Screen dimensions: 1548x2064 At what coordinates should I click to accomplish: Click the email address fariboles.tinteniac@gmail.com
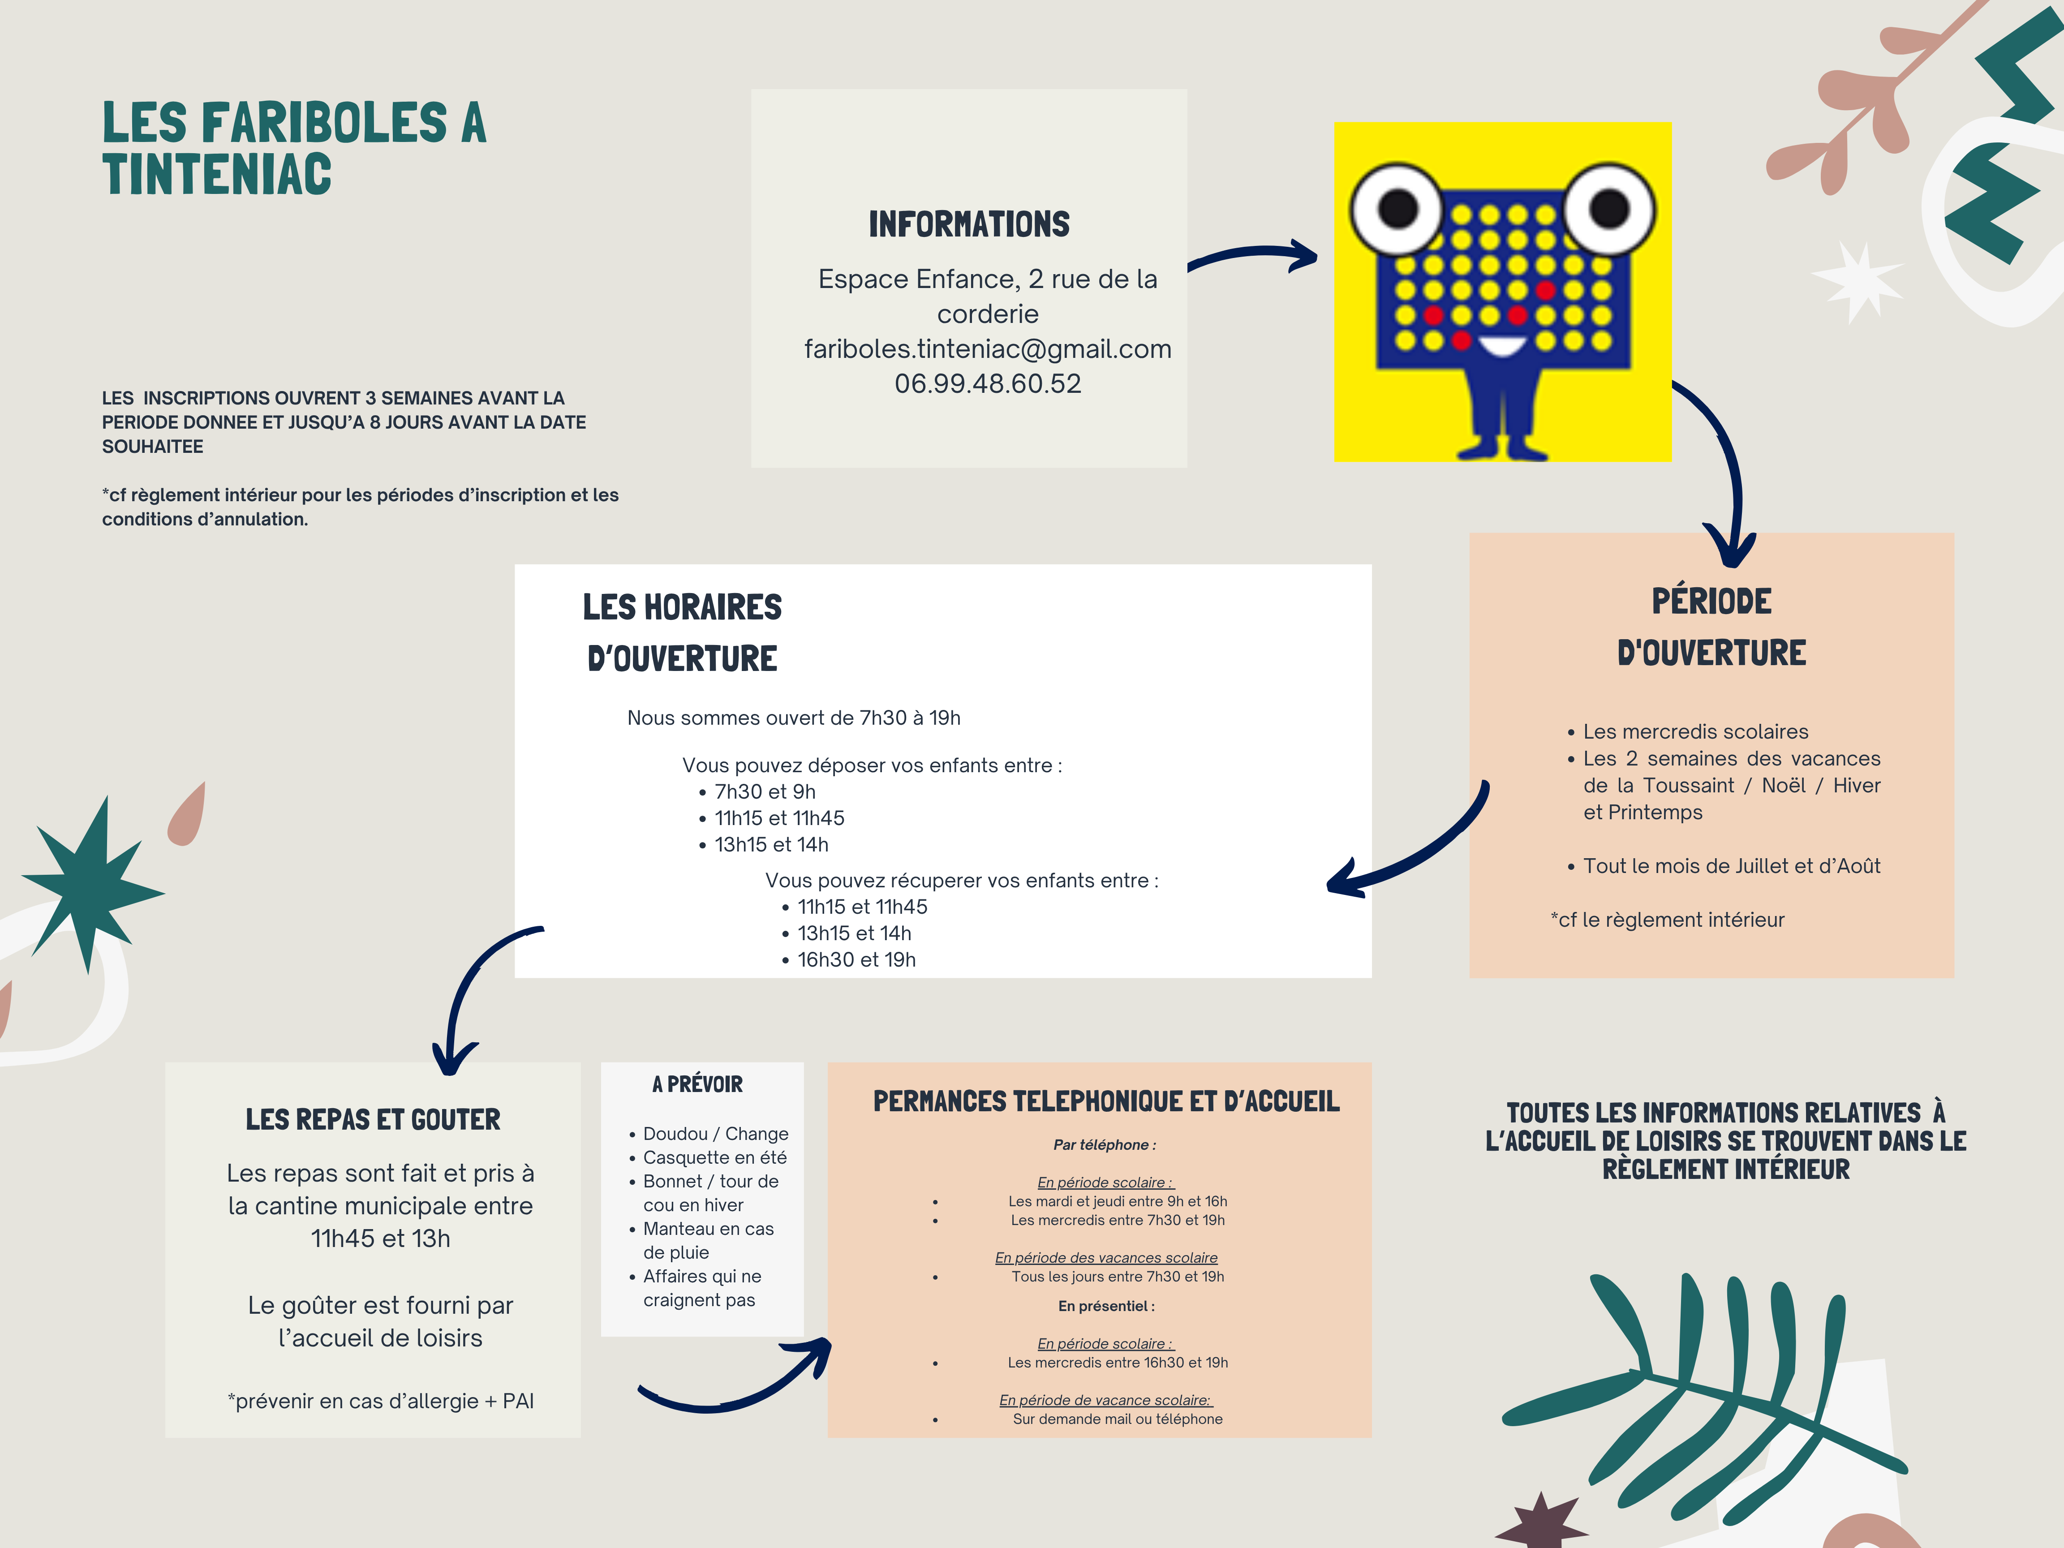[987, 349]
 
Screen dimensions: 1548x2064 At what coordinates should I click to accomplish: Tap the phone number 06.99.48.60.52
[987, 383]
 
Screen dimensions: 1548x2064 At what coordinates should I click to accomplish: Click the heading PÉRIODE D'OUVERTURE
[1711, 626]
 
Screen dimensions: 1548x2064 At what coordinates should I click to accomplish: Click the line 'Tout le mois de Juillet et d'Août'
[1731, 866]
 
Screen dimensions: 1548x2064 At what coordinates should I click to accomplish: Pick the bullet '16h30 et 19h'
[856, 959]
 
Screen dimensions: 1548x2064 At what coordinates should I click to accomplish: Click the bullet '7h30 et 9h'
[764, 791]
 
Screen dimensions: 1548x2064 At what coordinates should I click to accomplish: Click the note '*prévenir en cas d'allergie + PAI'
[381, 1401]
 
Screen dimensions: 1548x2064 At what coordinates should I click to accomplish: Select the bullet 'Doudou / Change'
[715, 1134]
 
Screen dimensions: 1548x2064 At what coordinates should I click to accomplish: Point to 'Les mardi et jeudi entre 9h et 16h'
[1117, 1201]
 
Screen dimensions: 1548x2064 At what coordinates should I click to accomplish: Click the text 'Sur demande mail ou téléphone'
[1117, 1418]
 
